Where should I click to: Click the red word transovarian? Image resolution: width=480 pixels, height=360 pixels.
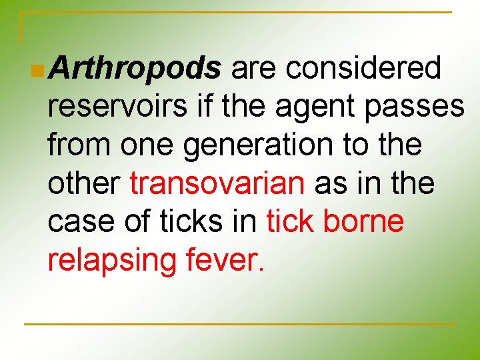[217, 183]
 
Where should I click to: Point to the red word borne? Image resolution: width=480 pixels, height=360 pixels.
[363, 221]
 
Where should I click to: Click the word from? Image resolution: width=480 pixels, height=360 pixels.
[79, 145]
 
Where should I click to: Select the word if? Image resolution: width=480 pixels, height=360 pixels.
[199, 107]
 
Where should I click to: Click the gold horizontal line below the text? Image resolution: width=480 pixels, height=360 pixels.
[240, 325]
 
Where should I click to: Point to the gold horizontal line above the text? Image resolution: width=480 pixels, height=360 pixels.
[240, 12]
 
